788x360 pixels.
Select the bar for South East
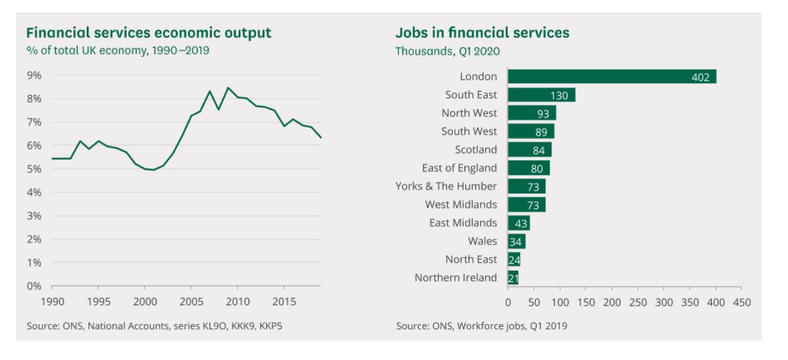click(x=541, y=95)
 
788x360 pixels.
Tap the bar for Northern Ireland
click(x=513, y=278)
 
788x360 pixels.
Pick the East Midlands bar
click(x=518, y=223)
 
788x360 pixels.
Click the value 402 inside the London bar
click(x=700, y=78)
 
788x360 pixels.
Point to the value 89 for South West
click(x=541, y=132)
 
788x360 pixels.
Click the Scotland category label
click(x=476, y=150)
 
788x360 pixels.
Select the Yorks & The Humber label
click(x=446, y=186)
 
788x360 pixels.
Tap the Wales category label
click(x=483, y=241)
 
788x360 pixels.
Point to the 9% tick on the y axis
click(x=34, y=76)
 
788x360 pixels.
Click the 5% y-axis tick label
click(x=34, y=169)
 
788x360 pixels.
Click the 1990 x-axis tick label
click(x=52, y=301)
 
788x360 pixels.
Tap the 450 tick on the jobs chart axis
click(x=742, y=303)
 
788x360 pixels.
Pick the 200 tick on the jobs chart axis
click(x=612, y=303)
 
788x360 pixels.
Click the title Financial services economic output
click(x=148, y=32)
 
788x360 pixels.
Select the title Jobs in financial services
click(x=482, y=32)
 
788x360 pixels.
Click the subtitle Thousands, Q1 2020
click(x=448, y=51)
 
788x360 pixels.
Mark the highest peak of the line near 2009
click(x=228, y=87)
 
